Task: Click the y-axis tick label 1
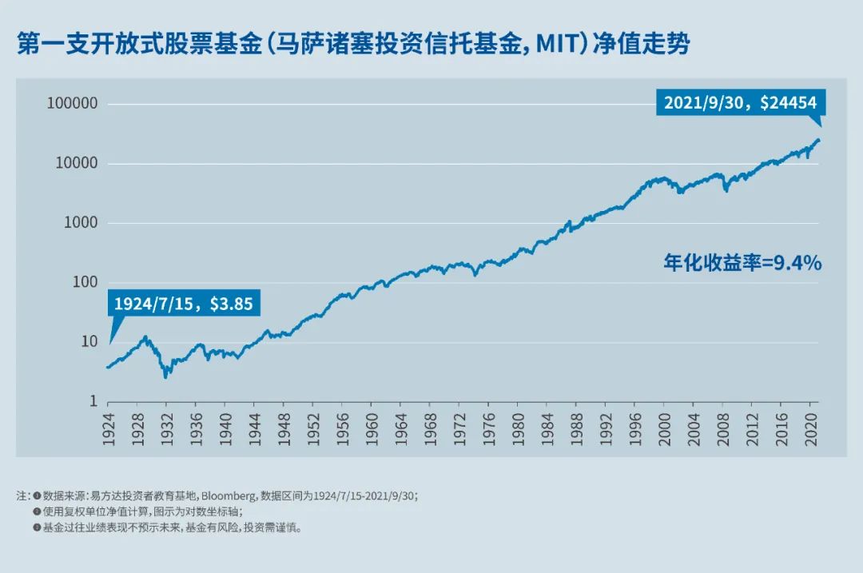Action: (93, 402)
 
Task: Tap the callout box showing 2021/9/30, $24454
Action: (741, 102)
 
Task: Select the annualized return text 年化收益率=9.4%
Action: (742, 262)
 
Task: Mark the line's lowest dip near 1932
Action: (165, 376)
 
